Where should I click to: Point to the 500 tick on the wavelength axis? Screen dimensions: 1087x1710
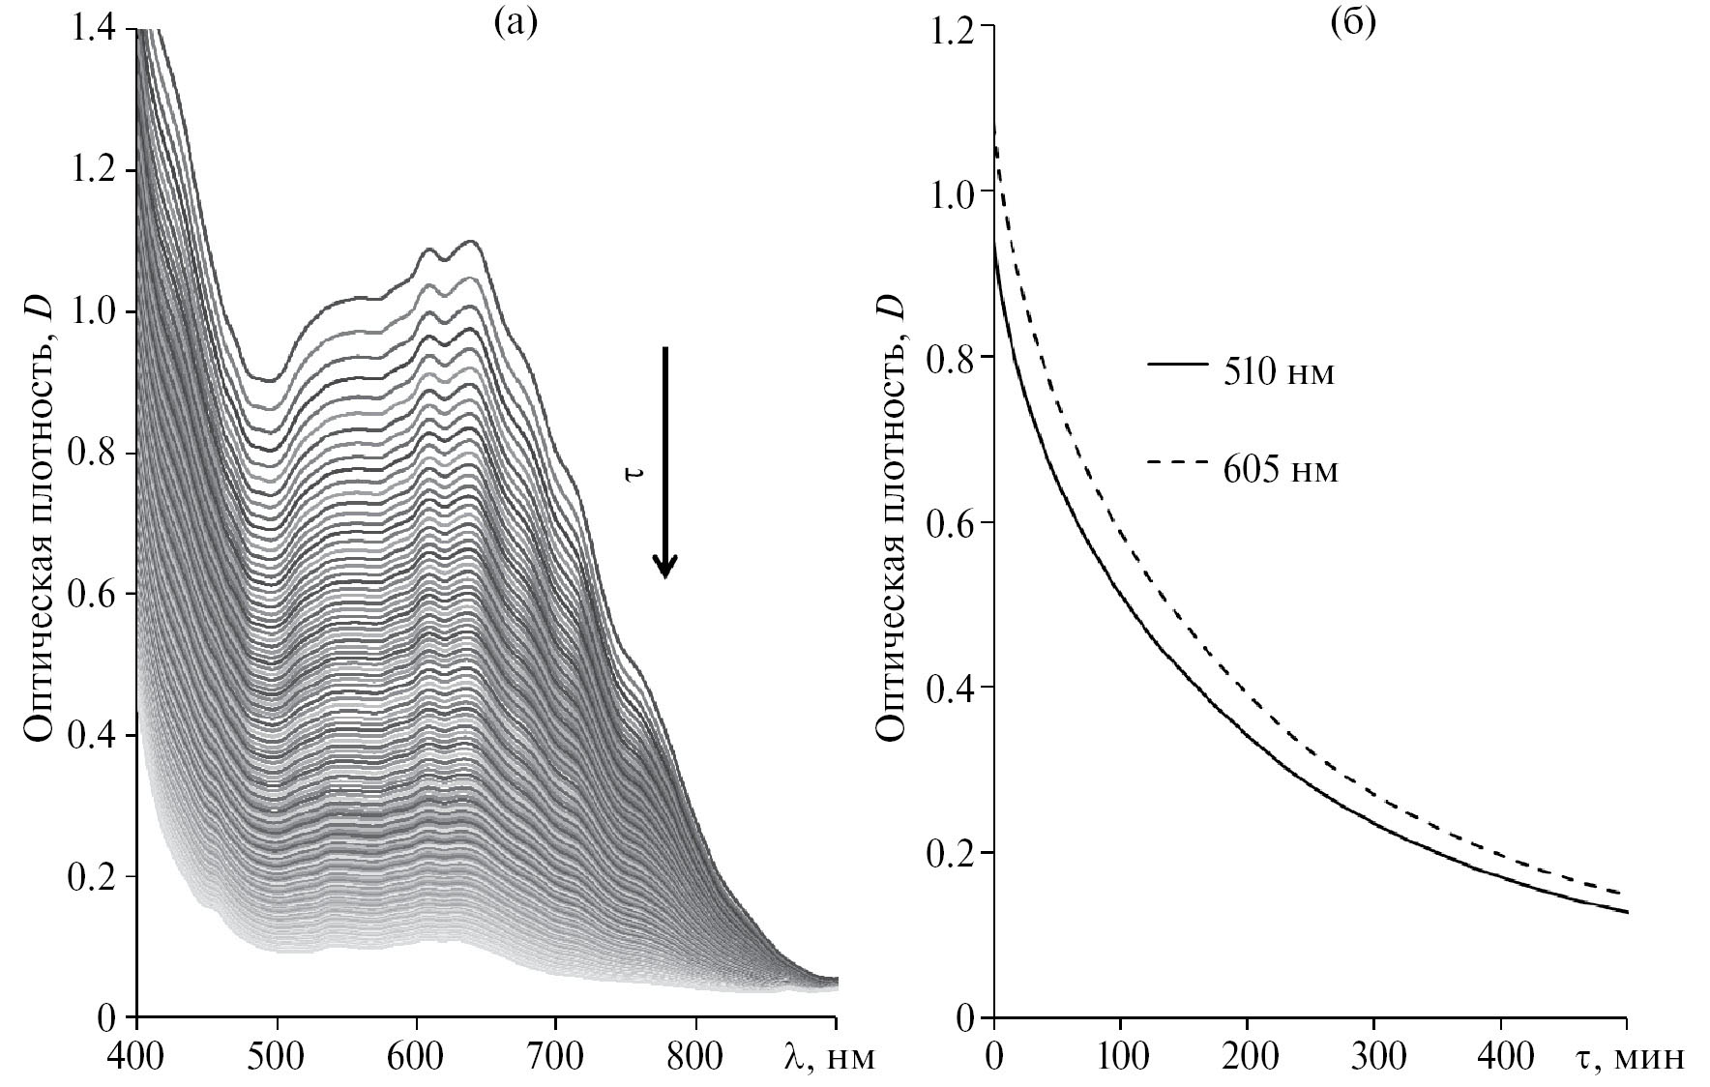(x=278, y=1055)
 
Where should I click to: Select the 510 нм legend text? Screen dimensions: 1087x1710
(x=1279, y=373)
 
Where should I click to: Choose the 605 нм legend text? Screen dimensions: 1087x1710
(x=1281, y=471)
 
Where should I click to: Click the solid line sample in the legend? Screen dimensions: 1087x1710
(x=1177, y=365)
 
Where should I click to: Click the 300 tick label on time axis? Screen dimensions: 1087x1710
(x=1374, y=1055)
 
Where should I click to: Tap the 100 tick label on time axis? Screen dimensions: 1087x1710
(x=1120, y=1055)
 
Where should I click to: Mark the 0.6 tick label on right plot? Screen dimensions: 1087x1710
(x=950, y=522)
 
